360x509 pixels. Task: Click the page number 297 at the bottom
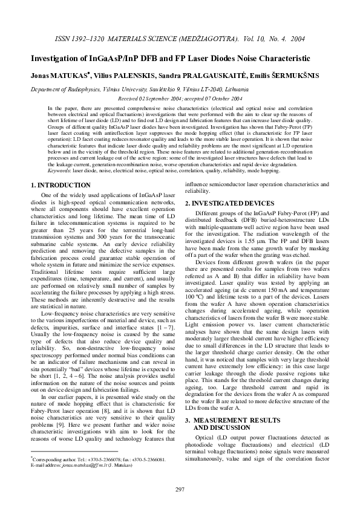[180, 489]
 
